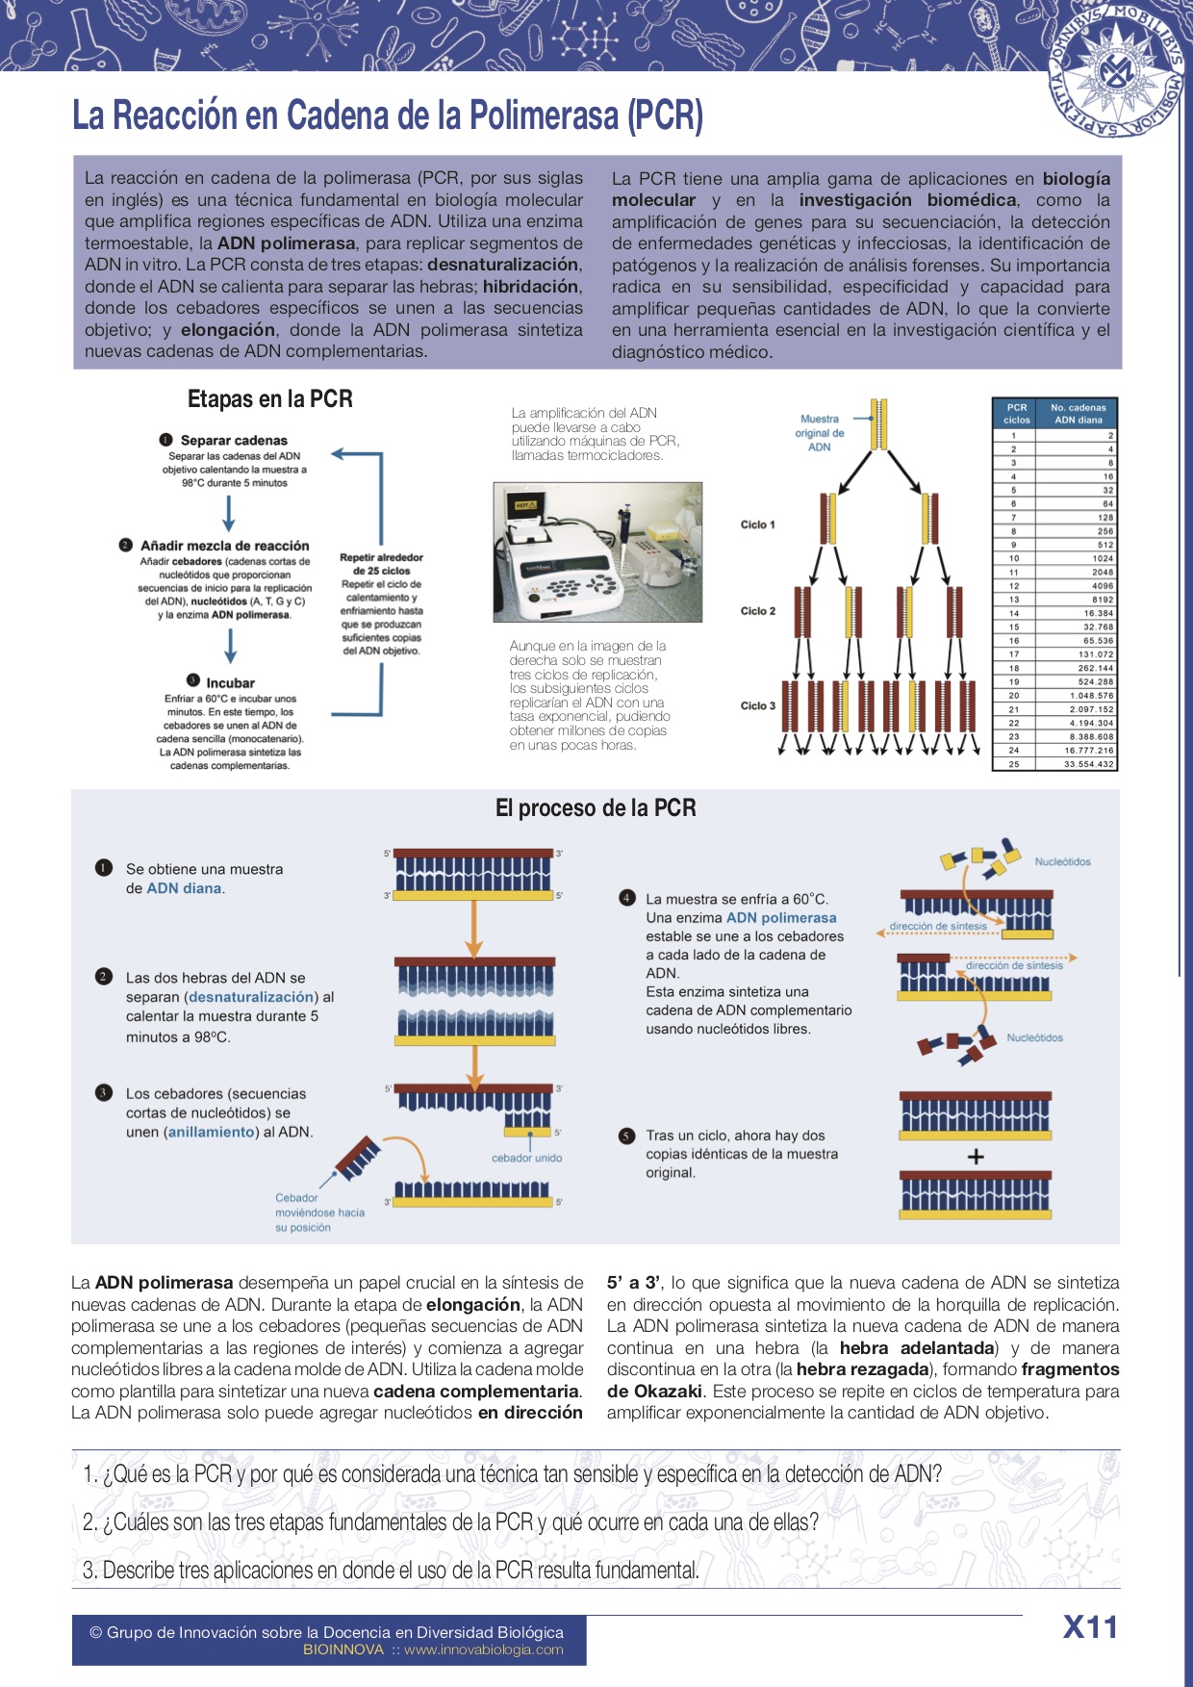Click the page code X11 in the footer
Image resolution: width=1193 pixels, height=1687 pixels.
tap(1090, 1627)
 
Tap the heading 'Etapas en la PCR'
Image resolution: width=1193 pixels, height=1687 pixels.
tap(270, 399)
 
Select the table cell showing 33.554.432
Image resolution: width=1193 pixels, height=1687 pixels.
tap(1088, 764)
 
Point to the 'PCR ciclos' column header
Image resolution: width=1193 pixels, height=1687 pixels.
tap(1016, 413)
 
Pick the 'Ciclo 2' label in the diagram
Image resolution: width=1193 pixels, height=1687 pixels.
tap(757, 611)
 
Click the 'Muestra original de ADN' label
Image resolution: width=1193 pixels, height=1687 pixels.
tap(819, 433)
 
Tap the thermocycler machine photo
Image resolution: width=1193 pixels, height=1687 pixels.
tap(597, 552)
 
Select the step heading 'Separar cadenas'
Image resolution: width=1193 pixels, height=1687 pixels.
tap(234, 440)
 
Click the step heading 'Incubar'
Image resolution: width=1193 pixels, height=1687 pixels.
tap(230, 682)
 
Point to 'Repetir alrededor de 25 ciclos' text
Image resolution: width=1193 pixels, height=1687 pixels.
tap(381, 564)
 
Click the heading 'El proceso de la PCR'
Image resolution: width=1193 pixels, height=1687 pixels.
tap(596, 808)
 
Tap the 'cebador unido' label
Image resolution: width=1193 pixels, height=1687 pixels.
tap(526, 1158)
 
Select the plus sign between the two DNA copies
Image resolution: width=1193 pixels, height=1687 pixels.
tap(976, 1157)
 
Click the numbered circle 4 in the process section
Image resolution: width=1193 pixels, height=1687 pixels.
tap(627, 898)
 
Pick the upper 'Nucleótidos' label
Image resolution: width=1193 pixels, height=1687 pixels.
tap(1062, 862)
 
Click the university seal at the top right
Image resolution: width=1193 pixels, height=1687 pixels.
tap(1116, 73)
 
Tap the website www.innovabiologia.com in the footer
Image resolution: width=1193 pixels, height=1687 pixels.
tap(483, 1649)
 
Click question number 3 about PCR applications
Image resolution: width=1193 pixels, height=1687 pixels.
tap(391, 1571)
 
